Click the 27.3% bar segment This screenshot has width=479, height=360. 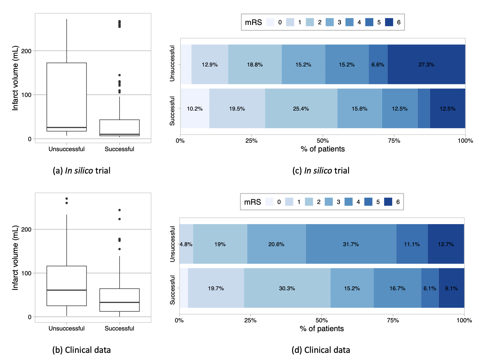pos(426,65)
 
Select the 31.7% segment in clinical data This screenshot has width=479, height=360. pos(351,244)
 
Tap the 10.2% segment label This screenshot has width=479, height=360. pos(194,109)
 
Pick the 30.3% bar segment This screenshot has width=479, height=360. pos(287,288)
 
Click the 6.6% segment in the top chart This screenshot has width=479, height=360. pos(378,65)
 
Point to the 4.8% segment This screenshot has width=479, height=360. pos(186,244)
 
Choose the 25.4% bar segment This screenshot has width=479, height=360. pos(301,109)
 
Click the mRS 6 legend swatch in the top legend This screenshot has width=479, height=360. pos(389,22)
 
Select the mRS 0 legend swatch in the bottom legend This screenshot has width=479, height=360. pos(269,202)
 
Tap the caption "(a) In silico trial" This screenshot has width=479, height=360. pos(82,171)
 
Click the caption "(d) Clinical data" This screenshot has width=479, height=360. pos(321,350)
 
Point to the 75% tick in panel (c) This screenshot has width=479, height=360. pos(394,141)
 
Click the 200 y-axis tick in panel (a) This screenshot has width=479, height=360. pos(27,51)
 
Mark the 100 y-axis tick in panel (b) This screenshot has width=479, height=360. pos(27,273)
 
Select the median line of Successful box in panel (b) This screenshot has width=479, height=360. pos(119,302)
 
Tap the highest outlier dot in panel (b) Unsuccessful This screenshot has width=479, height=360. pos(66,198)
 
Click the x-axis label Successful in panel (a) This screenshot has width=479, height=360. pos(119,149)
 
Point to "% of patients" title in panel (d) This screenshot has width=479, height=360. pos(321,329)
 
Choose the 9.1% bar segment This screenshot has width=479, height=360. pos(451,288)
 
